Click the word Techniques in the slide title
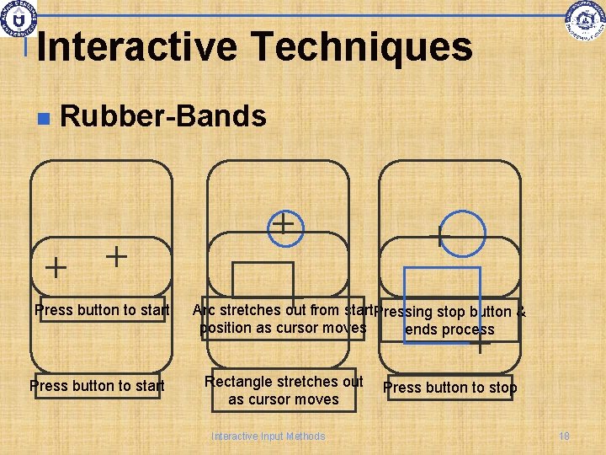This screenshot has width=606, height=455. click(x=355, y=47)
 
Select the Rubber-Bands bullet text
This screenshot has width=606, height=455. click(x=163, y=116)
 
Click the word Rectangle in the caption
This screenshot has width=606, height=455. click(x=238, y=382)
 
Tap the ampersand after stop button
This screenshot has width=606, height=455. click(x=522, y=313)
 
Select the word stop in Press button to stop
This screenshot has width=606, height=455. click(x=503, y=388)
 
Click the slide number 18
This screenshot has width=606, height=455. click(x=564, y=436)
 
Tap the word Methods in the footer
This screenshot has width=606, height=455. click(x=306, y=436)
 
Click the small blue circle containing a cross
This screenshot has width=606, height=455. click(x=285, y=225)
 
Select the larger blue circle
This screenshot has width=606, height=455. click(x=462, y=232)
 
